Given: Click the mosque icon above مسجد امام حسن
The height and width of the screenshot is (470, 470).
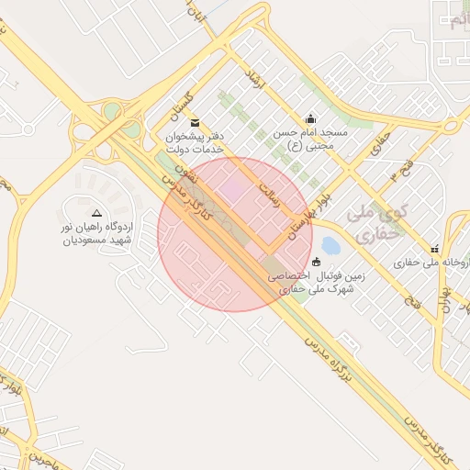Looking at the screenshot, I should click(310, 117).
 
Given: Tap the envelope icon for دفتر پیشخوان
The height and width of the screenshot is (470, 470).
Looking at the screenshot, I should click(193, 122).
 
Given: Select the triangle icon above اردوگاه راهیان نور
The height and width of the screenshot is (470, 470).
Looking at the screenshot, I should click(97, 212).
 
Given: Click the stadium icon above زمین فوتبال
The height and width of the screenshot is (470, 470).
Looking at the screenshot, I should click(317, 262).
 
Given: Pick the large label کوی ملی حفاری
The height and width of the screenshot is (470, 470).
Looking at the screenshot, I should click(376, 224).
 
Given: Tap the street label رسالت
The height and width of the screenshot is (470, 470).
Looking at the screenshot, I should click(269, 192).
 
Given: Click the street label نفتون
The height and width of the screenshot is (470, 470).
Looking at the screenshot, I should click(173, 173).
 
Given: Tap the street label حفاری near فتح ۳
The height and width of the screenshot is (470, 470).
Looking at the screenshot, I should click(380, 142).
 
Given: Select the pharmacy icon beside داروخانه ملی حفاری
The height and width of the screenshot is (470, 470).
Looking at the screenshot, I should click(434, 249).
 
